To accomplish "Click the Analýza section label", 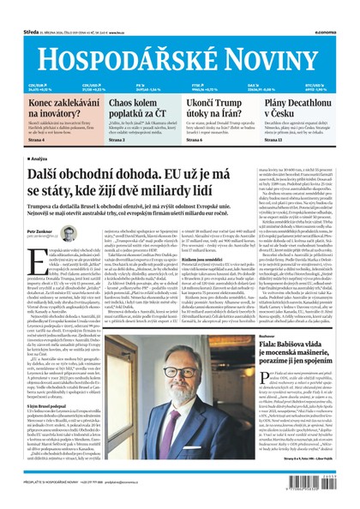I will click(39, 159).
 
